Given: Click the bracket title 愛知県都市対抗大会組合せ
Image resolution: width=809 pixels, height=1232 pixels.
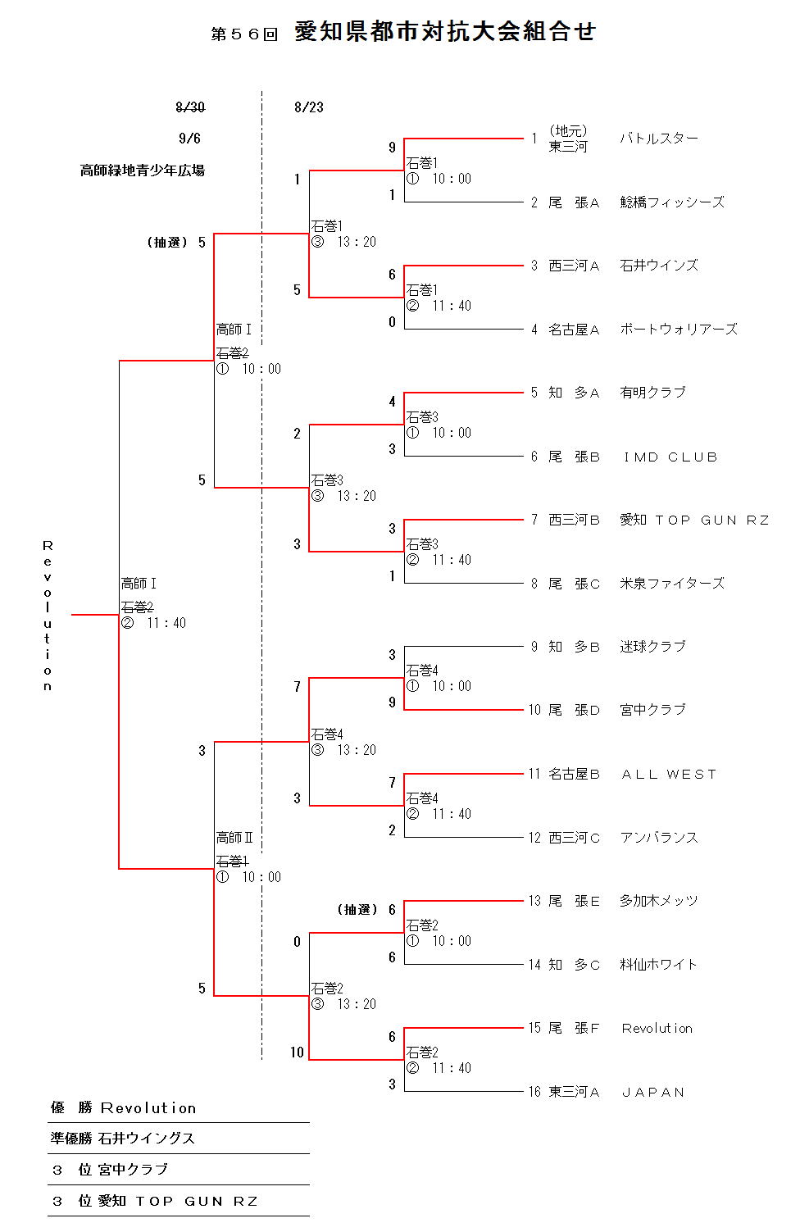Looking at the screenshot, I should pos(445,32).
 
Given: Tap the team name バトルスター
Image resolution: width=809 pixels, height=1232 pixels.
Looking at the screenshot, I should pos(659,139).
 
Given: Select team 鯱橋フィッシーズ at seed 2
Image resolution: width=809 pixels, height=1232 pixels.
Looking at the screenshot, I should pos(672,202).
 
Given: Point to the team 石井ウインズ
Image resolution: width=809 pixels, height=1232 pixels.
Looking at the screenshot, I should pos(659,266).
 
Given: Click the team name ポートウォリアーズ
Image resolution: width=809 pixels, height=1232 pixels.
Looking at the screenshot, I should pos(679,330).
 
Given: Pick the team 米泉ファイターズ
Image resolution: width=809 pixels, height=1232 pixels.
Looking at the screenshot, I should pos(672,584).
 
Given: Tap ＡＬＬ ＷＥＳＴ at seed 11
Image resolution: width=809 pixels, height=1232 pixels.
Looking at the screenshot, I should pos(669,775).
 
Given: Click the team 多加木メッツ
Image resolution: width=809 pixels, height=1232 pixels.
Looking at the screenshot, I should pos(659,901).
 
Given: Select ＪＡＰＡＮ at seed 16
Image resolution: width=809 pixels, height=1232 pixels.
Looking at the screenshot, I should pos(653,1093).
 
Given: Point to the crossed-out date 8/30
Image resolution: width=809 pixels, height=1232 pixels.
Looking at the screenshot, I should pos(190,107).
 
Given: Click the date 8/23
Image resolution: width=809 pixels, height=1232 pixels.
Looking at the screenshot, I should pos(309,107).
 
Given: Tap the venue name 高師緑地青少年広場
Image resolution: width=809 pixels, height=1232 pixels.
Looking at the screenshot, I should pos(143,170).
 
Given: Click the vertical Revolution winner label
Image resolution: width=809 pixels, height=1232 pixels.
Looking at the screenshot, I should pos(48,615).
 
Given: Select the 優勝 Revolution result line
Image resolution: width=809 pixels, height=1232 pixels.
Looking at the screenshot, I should pos(124,1108).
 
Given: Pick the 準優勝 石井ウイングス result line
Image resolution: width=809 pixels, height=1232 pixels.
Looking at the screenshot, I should pos(123,1139).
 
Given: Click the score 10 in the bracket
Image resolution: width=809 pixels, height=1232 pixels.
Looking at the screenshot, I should pos(297,1052).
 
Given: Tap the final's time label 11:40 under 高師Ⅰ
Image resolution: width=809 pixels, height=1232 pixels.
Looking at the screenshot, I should pos(166,623).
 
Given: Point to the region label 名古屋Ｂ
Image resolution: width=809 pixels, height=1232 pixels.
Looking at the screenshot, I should pos(574,775).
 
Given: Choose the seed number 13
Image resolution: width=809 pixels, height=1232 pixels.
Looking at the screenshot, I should pos(534,901).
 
